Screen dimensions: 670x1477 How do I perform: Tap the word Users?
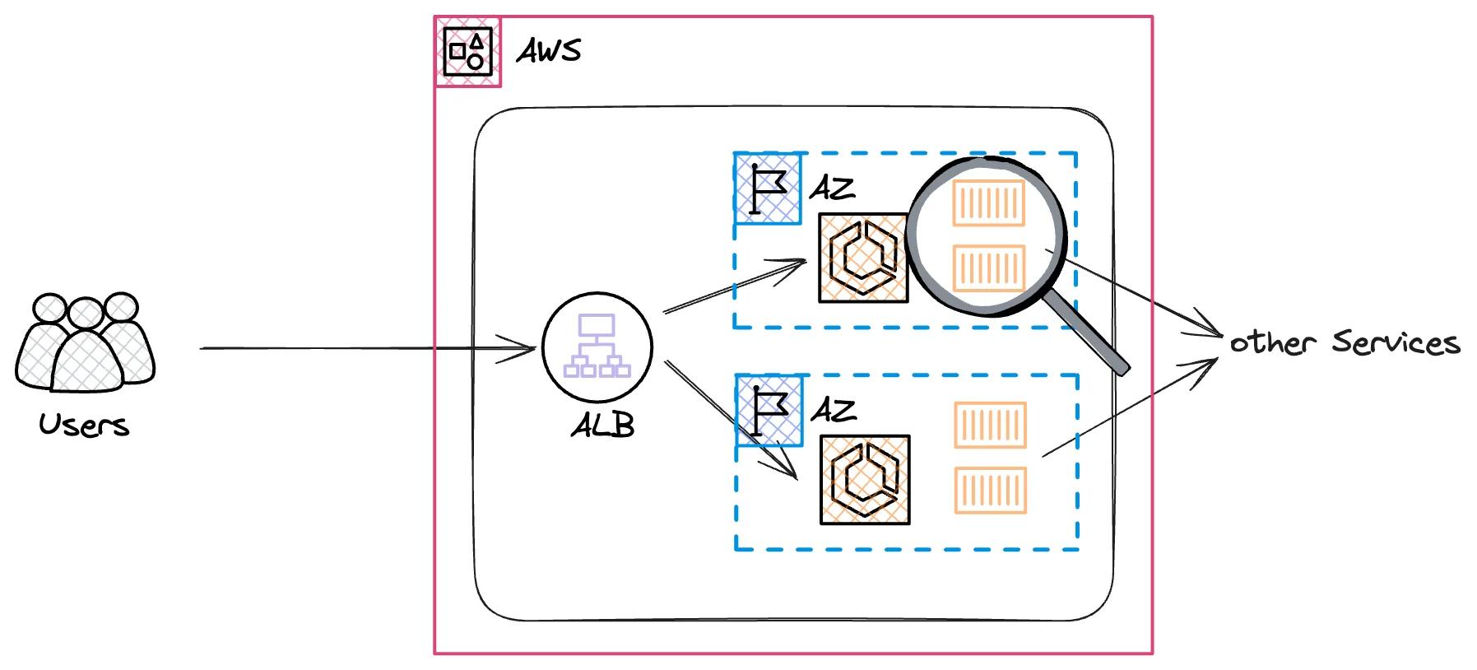point(84,426)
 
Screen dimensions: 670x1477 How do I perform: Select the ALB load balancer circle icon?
point(597,347)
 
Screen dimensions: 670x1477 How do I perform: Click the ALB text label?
point(602,425)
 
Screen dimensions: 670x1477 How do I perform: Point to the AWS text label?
point(548,52)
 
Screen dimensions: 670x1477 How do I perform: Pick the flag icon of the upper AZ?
point(768,188)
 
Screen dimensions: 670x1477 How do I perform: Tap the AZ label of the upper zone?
point(832,188)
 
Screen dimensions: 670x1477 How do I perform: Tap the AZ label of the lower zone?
point(834,409)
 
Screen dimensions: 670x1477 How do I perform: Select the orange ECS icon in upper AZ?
point(862,258)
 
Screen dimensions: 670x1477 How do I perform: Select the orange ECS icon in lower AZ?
point(865,479)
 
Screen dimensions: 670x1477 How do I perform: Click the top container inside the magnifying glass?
point(988,202)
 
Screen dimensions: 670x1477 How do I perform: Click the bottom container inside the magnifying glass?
point(988,268)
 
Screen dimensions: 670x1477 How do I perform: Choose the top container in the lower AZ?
point(990,425)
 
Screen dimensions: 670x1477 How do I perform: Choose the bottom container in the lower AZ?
point(990,490)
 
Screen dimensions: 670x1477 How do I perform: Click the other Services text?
point(1345,342)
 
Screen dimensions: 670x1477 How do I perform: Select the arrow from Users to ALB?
point(366,349)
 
